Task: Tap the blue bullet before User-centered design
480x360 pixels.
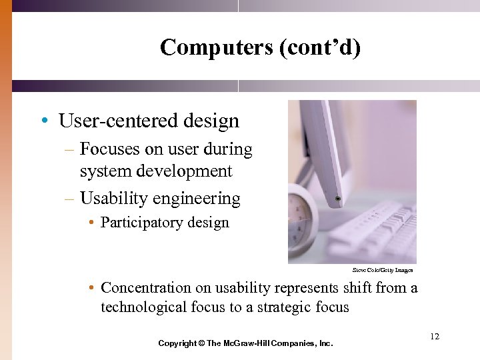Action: click(x=43, y=121)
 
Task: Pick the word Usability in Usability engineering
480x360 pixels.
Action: click(x=111, y=199)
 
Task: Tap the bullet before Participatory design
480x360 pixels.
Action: click(x=91, y=223)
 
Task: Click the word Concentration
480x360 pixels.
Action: click(x=146, y=288)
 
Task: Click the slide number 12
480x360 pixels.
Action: click(x=435, y=337)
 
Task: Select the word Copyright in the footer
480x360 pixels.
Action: click(x=177, y=343)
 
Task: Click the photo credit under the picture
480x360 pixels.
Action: click(x=383, y=270)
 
